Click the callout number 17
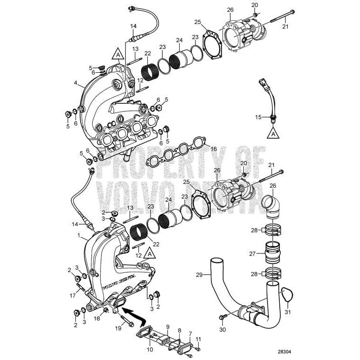point(72,296)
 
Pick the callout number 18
point(97,319)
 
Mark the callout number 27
point(252,253)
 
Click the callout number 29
point(199,274)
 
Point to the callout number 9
point(167,326)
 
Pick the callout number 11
point(198,339)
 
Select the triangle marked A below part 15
point(273,134)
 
